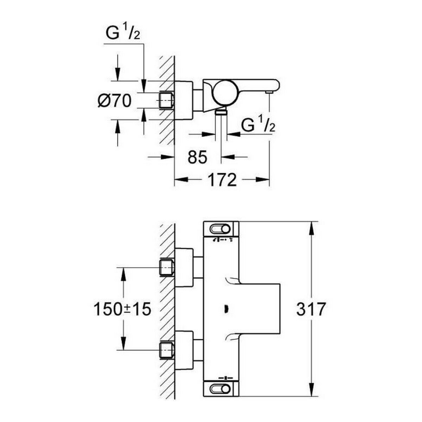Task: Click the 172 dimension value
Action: tap(222, 180)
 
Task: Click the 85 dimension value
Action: tap(197, 157)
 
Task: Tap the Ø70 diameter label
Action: tap(114, 101)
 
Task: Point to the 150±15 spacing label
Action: tap(122, 309)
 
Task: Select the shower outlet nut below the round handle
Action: tap(221, 112)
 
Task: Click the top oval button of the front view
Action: tap(220, 229)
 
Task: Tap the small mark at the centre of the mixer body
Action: tap(226, 309)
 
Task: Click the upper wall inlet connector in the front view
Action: tap(167, 268)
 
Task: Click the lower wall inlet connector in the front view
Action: tap(167, 350)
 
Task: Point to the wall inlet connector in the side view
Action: tap(167, 100)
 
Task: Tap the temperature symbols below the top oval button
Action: tap(222, 240)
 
